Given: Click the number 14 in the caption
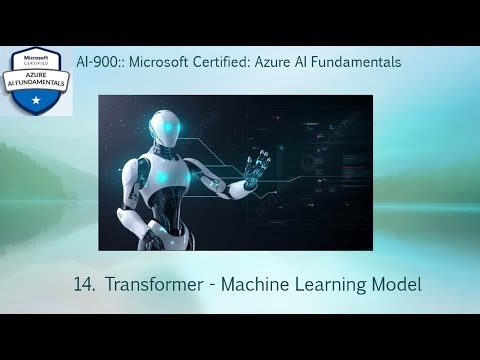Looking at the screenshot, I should pyautogui.click(x=83, y=284).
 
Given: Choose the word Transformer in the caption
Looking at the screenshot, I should pyautogui.click(x=155, y=284).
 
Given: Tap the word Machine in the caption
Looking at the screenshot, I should pyautogui.click(x=261, y=284).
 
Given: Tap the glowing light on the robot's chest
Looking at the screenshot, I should pyautogui.click(x=164, y=175).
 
